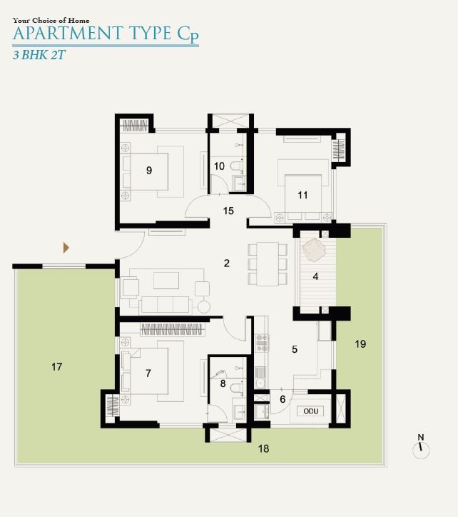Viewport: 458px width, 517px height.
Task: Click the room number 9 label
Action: [149, 171]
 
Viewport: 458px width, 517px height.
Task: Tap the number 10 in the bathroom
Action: [219, 166]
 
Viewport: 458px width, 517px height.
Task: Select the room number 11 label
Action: [302, 195]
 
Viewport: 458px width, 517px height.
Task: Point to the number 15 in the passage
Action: [228, 211]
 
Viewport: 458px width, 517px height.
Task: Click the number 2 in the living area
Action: [226, 263]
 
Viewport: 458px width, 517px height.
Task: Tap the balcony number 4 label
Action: [315, 276]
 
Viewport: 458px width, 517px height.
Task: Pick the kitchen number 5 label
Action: [295, 349]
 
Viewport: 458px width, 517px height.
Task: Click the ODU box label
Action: [311, 411]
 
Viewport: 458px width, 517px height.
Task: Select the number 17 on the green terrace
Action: [56, 366]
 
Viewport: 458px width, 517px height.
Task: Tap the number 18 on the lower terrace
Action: [263, 448]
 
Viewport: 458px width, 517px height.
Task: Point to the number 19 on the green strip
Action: [360, 344]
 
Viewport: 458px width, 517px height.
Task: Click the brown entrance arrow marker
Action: [66, 248]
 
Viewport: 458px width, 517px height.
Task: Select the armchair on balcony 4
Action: [315, 250]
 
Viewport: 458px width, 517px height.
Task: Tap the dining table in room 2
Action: [268, 264]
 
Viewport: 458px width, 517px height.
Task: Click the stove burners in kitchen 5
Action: [263, 342]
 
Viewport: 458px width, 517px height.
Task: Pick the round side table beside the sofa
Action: [203, 307]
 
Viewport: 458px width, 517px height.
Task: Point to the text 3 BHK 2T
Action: [39, 55]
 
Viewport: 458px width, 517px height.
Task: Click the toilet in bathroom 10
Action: [236, 165]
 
